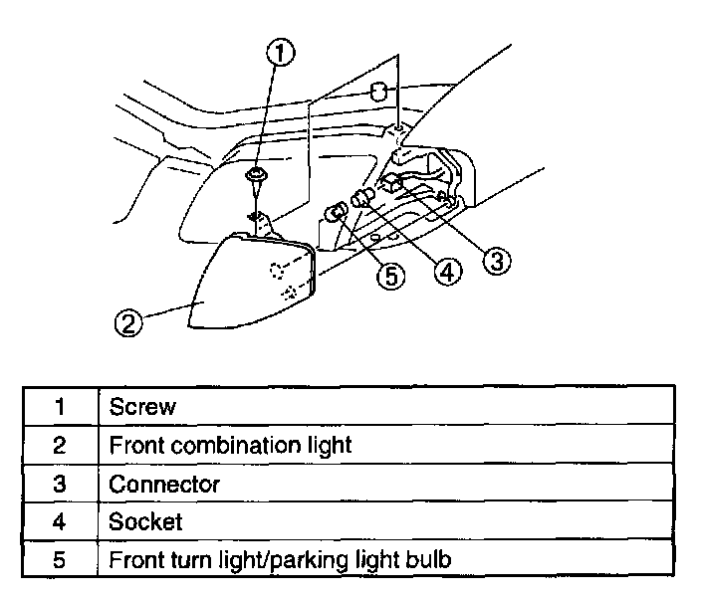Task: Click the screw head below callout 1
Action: (257, 178)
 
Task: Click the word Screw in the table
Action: (142, 406)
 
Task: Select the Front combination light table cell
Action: (230, 445)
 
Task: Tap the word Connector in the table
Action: (164, 484)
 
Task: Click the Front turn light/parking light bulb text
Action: (280, 560)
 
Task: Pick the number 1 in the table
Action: (60, 406)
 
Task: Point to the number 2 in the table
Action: (60, 445)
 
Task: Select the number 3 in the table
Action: (60, 484)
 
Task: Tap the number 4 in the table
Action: (60, 521)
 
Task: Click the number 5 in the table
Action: (60, 560)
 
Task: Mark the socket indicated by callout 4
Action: (363, 197)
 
